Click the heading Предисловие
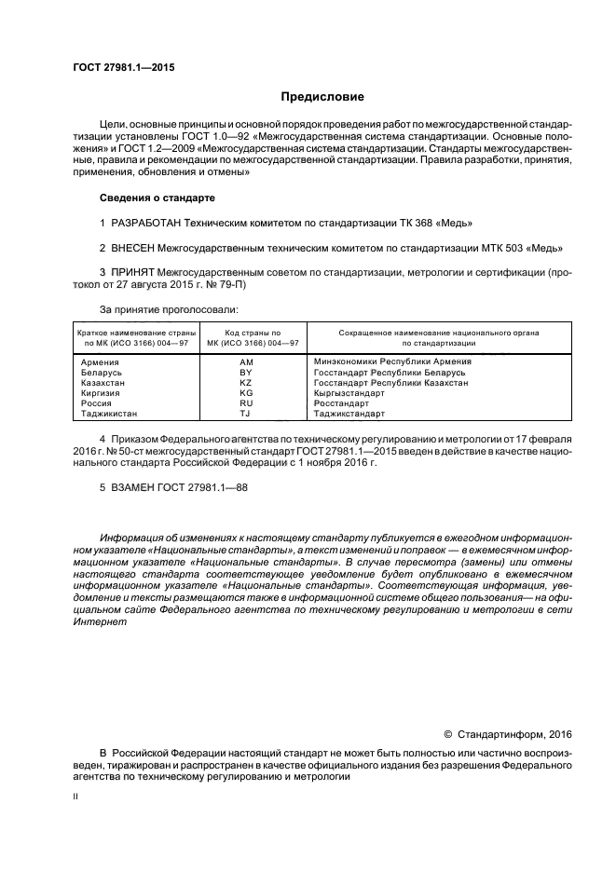323,97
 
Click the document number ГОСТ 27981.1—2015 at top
124,68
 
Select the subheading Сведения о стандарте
157,198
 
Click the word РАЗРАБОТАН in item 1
145,223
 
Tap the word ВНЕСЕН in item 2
136,248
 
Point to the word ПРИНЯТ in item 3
135,273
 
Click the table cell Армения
100,361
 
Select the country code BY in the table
246,372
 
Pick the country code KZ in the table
246,383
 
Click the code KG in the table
246,393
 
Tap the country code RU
246,403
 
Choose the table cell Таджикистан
109,413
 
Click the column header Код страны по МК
246,337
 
